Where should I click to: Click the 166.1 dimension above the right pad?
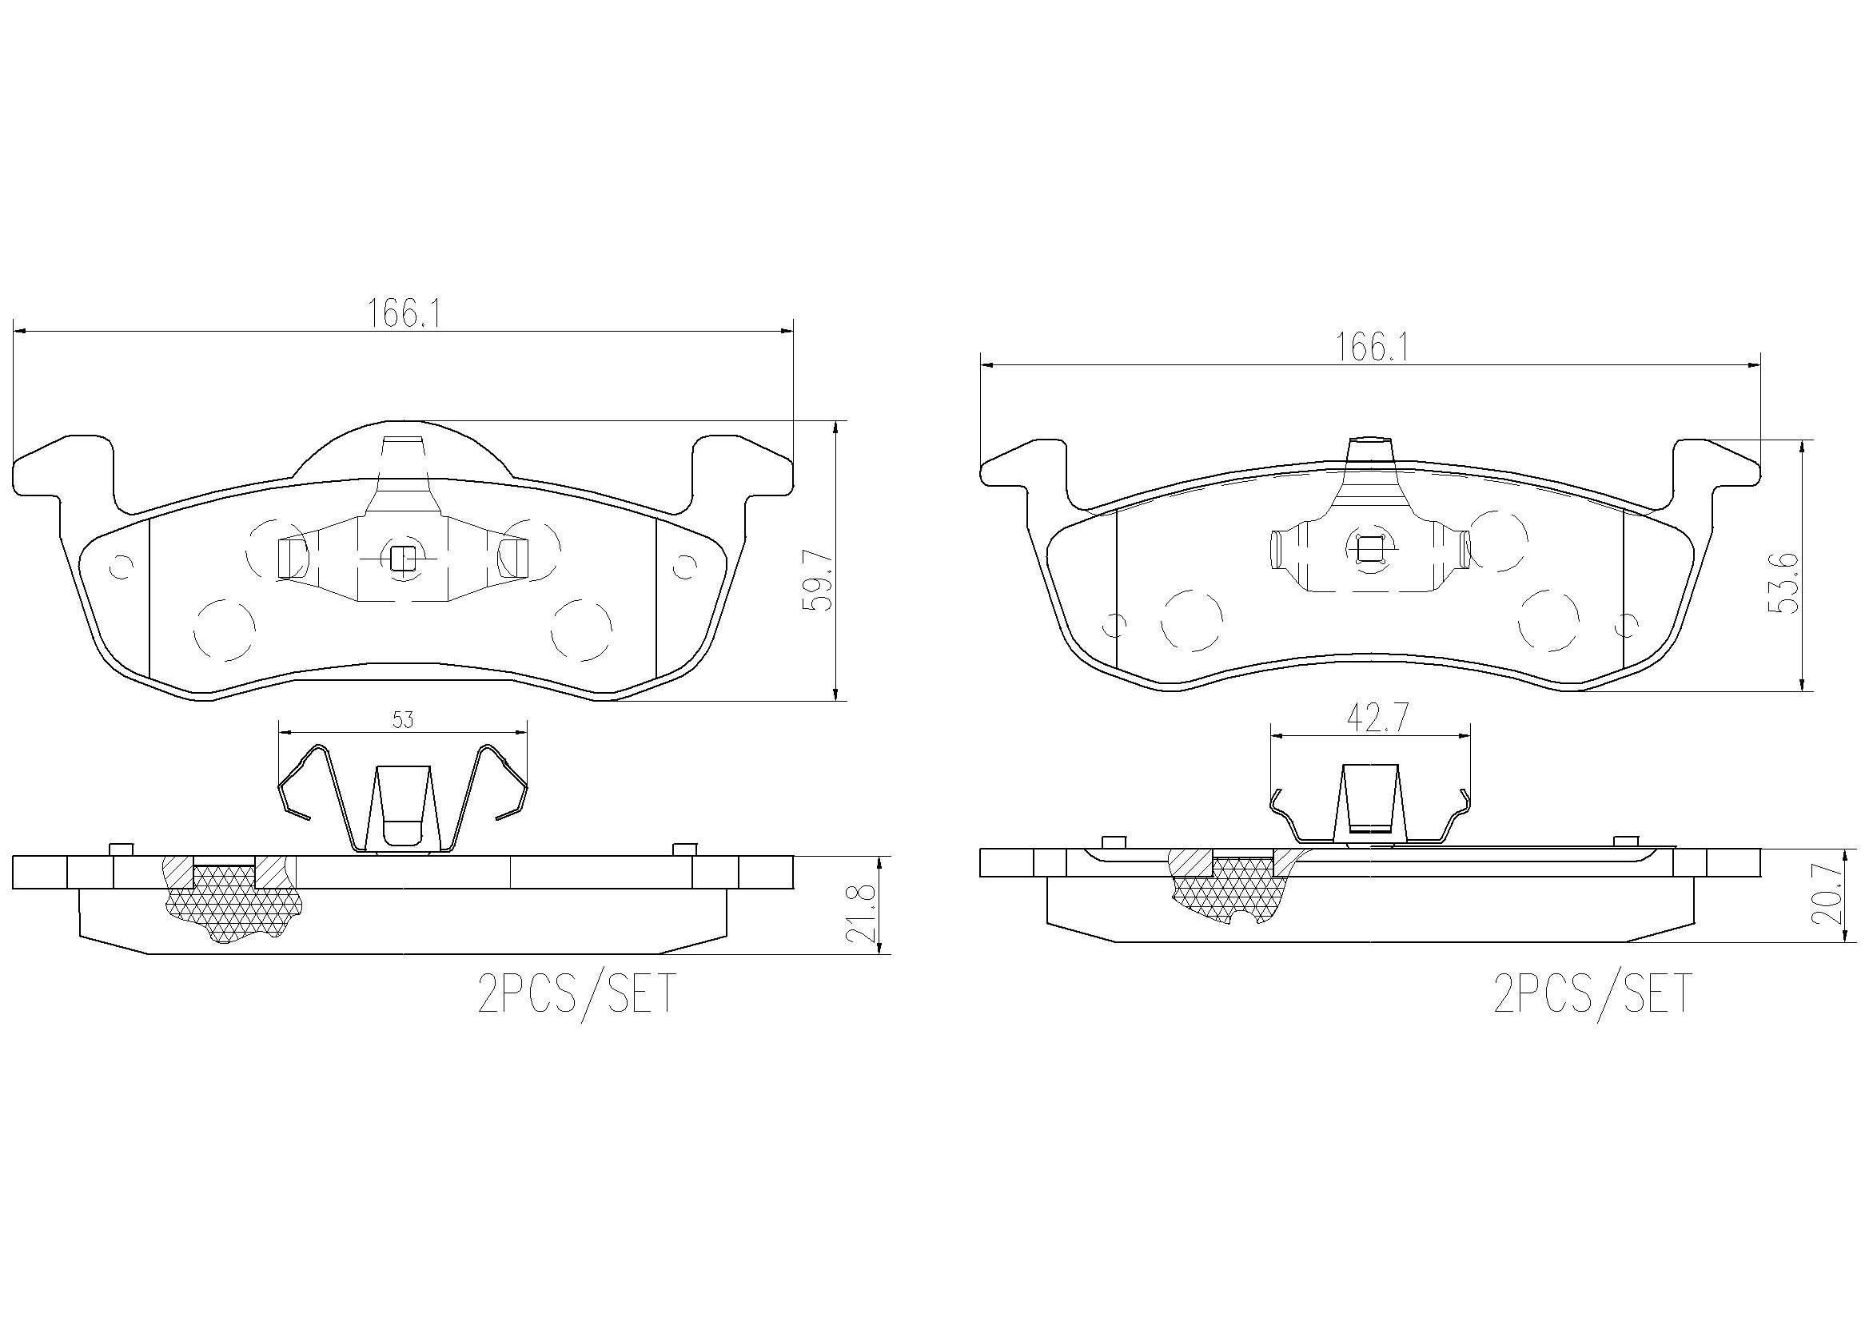tap(1371, 348)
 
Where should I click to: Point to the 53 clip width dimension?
tap(404, 719)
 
